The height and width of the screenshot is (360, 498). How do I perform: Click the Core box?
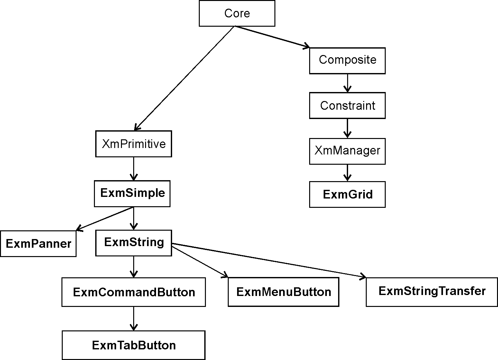[237, 13]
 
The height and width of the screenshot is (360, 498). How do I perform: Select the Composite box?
[347, 60]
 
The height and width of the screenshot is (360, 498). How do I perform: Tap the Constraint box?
[347, 106]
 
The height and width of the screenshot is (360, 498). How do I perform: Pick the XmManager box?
[347, 151]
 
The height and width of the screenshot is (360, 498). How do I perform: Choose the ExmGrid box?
[347, 194]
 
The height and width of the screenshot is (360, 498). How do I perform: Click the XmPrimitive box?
[134, 144]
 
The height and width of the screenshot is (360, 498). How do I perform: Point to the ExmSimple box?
[132, 193]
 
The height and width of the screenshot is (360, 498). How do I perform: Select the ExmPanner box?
[38, 244]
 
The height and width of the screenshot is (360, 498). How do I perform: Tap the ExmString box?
[134, 243]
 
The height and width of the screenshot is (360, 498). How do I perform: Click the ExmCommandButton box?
[134, 292]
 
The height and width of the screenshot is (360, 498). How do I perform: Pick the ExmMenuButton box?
[283, 292]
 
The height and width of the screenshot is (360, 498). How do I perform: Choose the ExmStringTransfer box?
[432, 292]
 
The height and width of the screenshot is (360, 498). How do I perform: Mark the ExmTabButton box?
[134, 345]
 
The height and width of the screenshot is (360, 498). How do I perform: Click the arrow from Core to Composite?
[272, 37]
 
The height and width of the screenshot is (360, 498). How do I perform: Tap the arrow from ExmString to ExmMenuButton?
[200, 261]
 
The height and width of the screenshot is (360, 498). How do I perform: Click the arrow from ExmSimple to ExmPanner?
[105, 219]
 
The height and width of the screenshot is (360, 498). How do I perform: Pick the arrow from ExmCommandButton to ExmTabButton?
[134, 318]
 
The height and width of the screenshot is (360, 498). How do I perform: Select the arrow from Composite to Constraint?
[347, 83]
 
